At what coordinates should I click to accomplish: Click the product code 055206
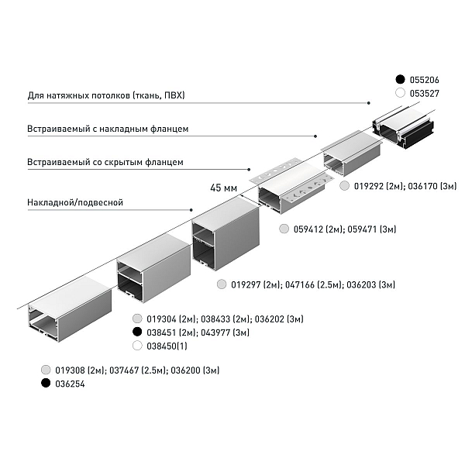425,80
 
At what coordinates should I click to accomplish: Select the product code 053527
425,94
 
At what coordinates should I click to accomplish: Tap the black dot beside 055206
400,80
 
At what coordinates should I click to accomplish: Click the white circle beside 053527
400,93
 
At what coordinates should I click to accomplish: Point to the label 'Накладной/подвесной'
75,202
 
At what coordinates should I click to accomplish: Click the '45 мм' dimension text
224,188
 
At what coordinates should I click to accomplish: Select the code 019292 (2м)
379,186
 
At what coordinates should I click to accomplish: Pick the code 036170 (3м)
432,186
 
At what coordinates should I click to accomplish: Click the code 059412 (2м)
319,229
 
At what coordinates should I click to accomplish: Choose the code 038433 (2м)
226,319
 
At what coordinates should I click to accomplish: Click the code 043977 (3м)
225,332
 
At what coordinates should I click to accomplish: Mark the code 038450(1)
167,346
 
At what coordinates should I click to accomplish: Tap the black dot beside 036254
46,383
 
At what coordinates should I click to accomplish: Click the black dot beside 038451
137,332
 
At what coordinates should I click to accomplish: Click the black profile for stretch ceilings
403,127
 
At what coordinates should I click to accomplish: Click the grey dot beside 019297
222,284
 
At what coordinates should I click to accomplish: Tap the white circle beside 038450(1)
137,346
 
